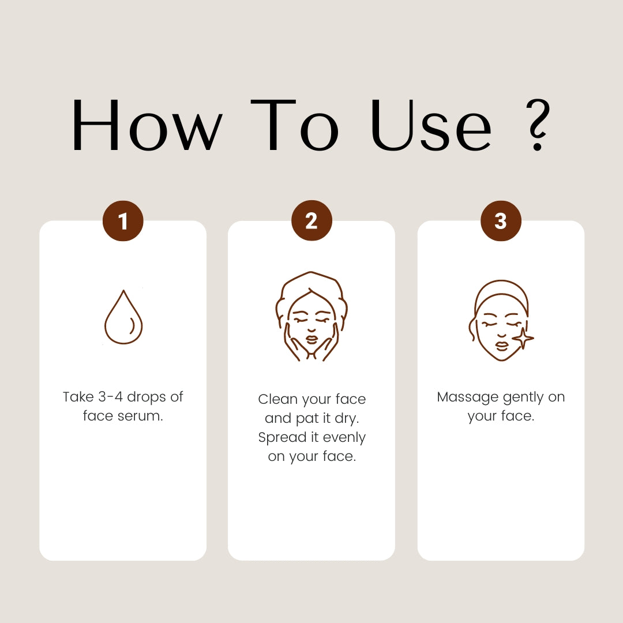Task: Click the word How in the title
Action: pos(147,125)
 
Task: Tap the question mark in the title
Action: pos(538,125)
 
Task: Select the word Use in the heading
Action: pos(431,125)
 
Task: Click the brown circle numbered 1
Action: pos(123,221)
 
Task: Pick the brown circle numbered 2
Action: pos(311,220)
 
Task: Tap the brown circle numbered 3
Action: pos(501,221)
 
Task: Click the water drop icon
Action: pos(123,317)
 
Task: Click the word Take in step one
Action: pos(78,396)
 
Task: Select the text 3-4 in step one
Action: pos(110,396)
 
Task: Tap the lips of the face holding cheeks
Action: pos(311,340)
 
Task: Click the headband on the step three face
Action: pos(501,294)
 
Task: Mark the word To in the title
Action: pos(294,125)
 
